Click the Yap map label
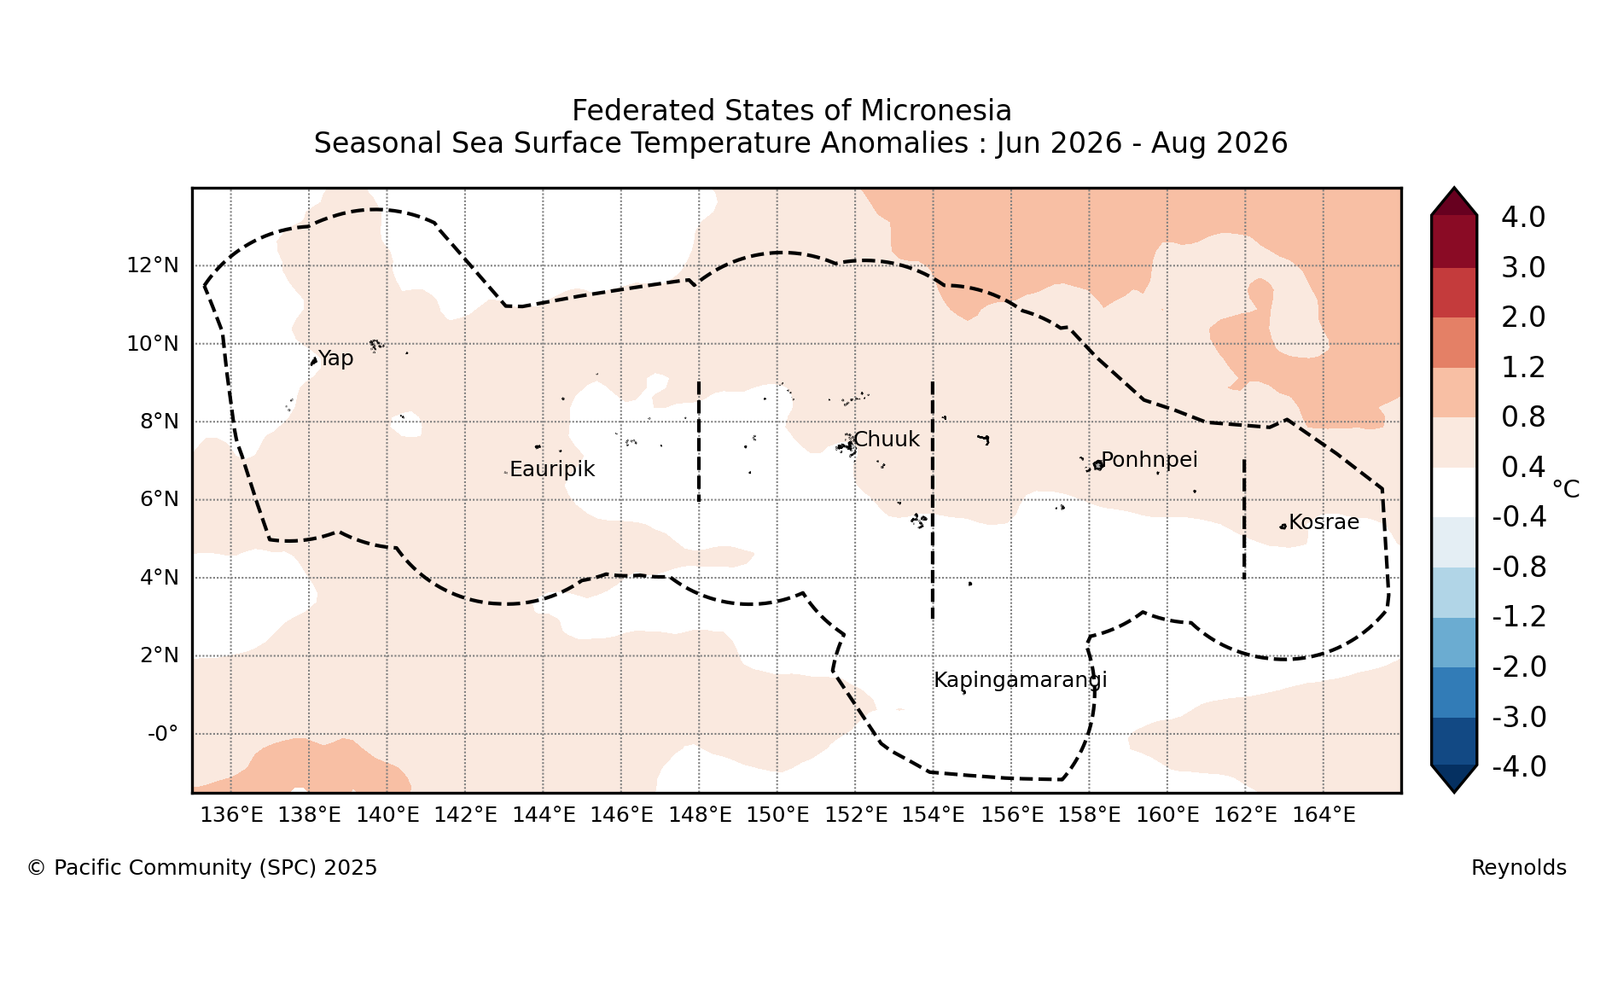335,358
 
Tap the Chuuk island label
887,439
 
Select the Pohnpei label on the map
1149,460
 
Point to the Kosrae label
1324,522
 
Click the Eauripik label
552,469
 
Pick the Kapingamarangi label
1021,680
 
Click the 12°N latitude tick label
153,265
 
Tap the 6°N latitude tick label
160,499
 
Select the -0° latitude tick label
163,734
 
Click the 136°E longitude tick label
231,815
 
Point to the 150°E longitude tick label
777,815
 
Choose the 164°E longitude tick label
1324,815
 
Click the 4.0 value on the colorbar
1523,218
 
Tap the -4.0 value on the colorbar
1519,767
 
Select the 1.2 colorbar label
1523,368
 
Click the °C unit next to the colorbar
1566,489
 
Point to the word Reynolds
1519,868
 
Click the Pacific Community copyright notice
202,868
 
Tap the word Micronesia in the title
936,111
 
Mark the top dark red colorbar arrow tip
1454,189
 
